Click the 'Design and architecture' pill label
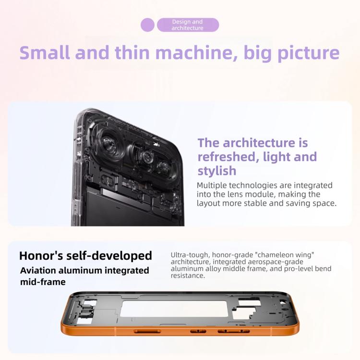coord(187,25)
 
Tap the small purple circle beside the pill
coord(147,25)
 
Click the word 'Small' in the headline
coord(45,53)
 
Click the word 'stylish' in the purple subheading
coord(217,171)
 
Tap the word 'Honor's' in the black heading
coord(41,255)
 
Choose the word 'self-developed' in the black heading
coord(109,256)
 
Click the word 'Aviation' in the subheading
coord(38,270)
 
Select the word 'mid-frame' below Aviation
coord(43,282)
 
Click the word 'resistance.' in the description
coord(188,276)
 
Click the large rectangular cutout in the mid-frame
coord(174,309)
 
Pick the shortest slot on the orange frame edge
coord(198,331)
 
